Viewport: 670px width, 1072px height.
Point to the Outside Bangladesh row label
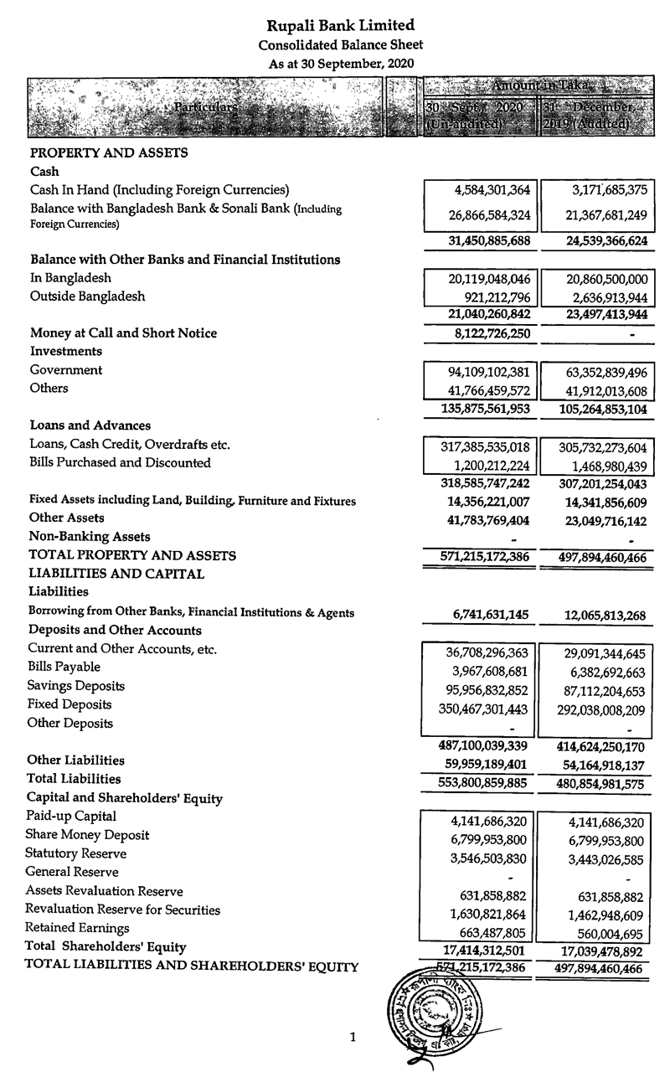tap(87, 296)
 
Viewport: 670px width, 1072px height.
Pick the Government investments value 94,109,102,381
tap(482, 370)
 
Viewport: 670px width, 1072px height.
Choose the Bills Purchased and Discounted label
tap(120, 462)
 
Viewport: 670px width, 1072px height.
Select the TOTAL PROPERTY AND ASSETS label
tap(132, 555)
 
